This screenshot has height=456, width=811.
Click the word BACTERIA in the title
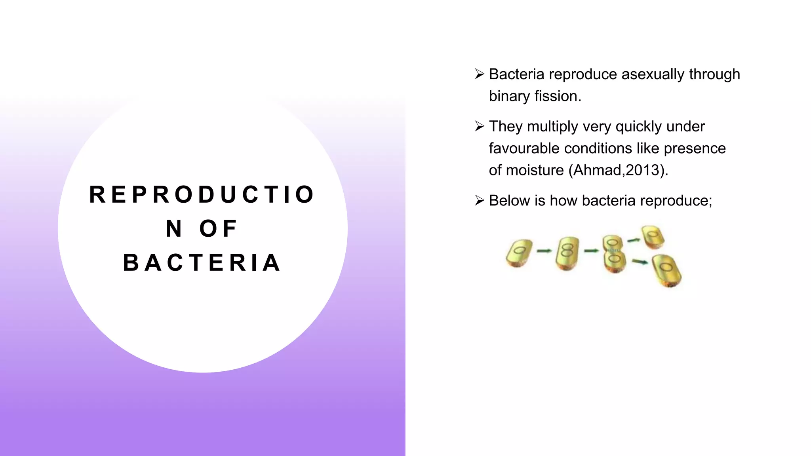tap(202, 263)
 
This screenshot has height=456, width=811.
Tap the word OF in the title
tap(218, 229)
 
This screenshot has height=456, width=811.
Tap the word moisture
tap(535, 170)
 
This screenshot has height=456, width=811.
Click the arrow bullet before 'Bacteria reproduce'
tap(480, 74)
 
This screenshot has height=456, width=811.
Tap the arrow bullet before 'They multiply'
tap(480, 126)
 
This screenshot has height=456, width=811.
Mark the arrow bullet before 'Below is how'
tap(480, 200)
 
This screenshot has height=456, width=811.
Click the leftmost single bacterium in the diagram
tap(519, 253)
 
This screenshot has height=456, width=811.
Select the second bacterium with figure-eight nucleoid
tap(567, 253)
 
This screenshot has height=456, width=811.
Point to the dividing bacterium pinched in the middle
tap(613, 254)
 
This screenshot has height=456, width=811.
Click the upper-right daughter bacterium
tap(653, 237)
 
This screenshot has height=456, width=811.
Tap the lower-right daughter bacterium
tap(666, 270)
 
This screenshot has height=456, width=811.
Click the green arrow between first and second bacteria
tap(544, 251)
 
